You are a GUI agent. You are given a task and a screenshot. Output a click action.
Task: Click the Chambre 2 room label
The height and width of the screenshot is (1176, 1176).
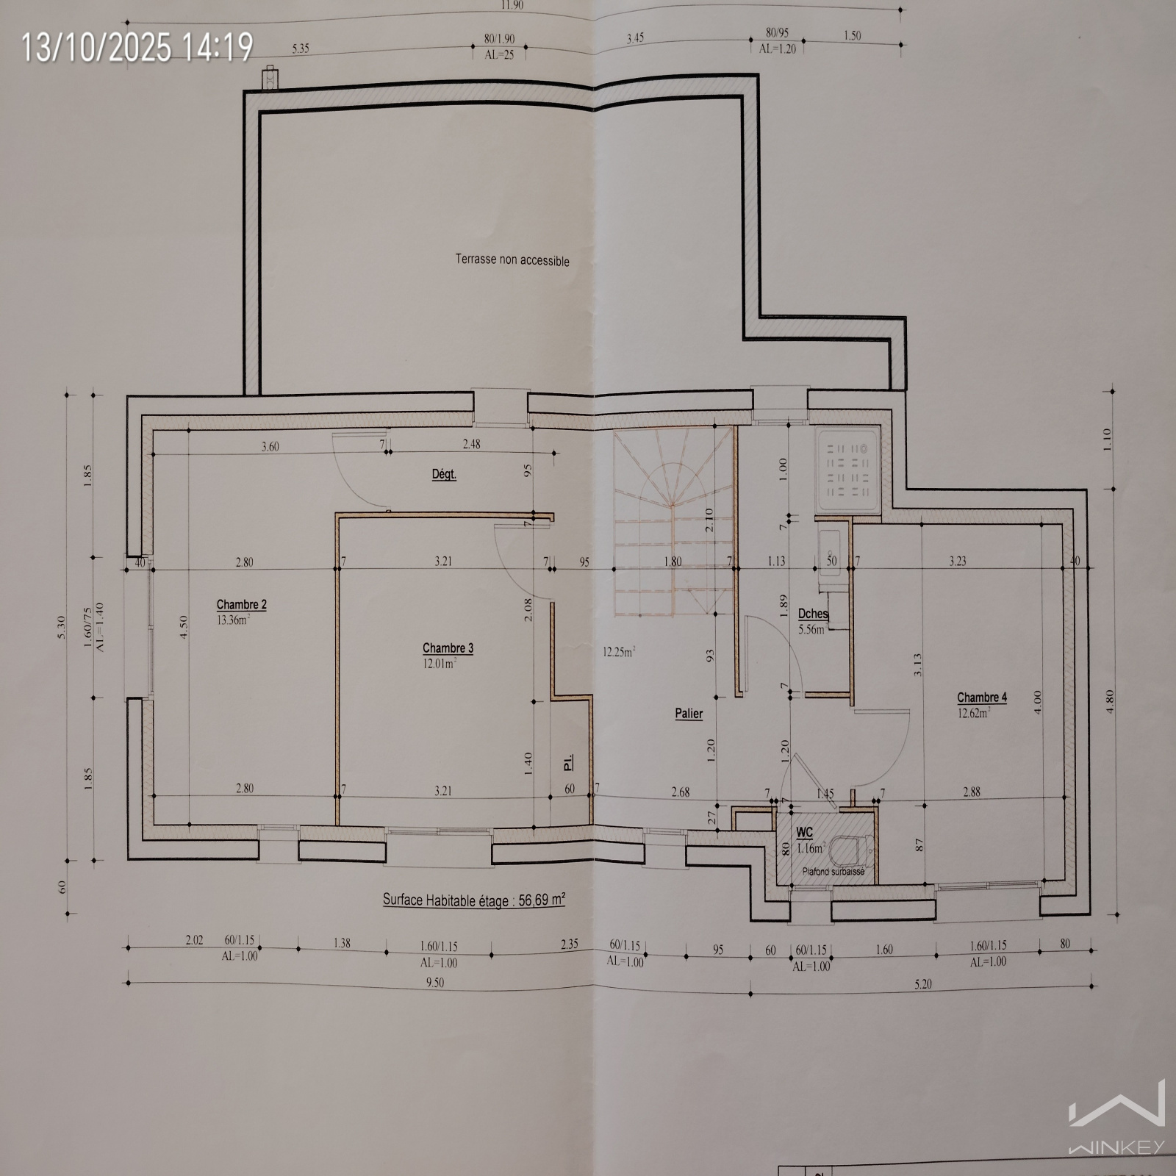tap(241, 605)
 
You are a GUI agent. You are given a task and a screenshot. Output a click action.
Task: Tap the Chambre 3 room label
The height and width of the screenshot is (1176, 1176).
tap(448, 648)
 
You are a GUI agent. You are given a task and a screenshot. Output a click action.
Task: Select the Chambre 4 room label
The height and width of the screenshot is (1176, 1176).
tap(982, 698)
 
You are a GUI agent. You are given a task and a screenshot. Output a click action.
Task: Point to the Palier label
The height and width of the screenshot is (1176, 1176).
tap(689, 714)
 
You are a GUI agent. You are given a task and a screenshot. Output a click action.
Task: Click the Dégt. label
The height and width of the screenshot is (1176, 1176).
tap(444, 475)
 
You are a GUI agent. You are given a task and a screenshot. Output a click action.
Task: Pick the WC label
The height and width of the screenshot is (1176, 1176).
tap(805, 832)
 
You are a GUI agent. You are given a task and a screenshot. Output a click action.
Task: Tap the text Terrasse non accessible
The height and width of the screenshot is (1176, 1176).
tap(512, 259)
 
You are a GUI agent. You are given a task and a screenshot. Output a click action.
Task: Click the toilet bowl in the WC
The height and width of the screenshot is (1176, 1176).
tap(849, 852)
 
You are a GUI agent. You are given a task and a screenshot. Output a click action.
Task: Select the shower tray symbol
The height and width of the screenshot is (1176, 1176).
tap(848, 470)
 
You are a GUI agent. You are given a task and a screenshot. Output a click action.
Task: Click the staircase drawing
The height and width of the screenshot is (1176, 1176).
tap(675, 521)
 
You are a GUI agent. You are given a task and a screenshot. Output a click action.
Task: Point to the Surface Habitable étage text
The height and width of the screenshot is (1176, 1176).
tap(473, 900)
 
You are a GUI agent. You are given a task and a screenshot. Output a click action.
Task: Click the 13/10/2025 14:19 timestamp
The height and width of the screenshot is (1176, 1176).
tap(137, 48)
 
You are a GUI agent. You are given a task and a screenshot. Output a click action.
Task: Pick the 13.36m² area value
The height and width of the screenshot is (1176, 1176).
tap(233, 619)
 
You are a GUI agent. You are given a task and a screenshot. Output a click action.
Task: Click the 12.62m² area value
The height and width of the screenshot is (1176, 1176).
tap(973, 712)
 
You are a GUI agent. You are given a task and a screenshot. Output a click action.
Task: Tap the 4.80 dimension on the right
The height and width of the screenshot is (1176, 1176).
tap(1110, 700)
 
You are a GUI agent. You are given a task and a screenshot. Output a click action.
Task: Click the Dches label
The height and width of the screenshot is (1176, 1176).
tap(813, 614)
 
